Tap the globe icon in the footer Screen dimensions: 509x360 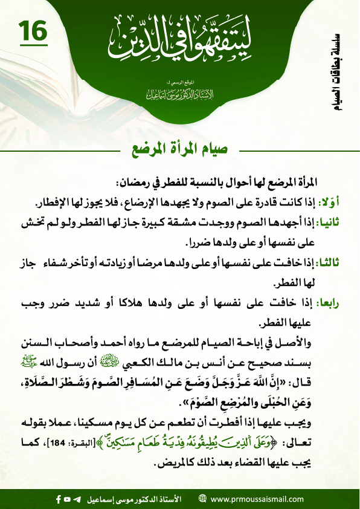coord(202,499)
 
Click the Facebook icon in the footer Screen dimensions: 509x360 coord(58,499)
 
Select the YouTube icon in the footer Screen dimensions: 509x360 coord(68,499)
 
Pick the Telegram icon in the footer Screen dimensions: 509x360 coord(77,499)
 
